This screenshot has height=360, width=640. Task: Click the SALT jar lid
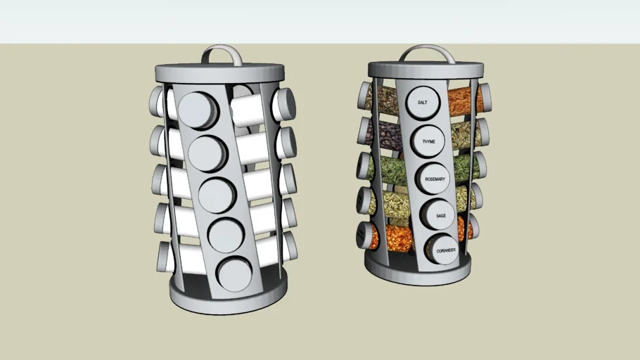[x=423, y=103]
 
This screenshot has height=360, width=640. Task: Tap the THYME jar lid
[x=428, y=141]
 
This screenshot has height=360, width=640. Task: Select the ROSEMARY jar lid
[x=434, y=179]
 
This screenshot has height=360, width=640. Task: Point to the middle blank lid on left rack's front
[x=217, y=195]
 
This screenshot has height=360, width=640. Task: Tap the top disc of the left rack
[x=219, y=72]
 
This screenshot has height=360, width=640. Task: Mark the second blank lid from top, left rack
[x=207, y=153]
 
